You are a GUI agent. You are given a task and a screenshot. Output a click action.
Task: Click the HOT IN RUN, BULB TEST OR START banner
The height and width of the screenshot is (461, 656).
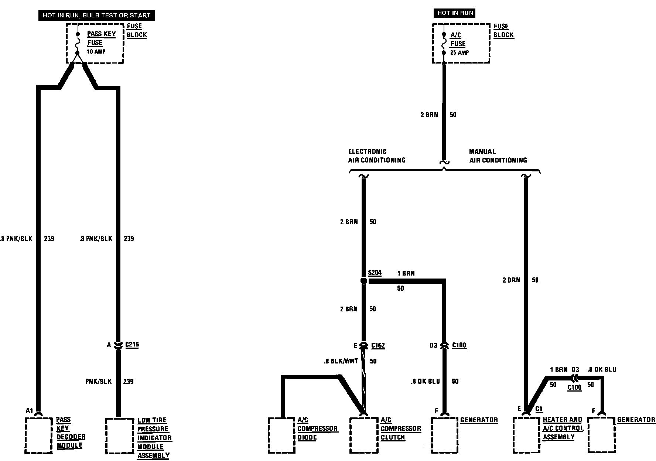click(x=96, y=15)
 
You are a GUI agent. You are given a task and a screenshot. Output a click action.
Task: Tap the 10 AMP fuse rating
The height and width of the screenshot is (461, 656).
click(x=96, y=52)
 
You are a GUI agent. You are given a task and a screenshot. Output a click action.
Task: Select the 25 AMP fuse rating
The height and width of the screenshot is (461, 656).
click(x=459, y=52)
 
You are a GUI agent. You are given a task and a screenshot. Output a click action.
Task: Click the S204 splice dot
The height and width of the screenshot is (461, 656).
click(x=363, y=281)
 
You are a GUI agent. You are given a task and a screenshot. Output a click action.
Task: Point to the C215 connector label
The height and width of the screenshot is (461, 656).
click(x=132, y=345)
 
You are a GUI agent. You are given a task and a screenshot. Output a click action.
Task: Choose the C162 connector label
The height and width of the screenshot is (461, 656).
click(x=378, y=345)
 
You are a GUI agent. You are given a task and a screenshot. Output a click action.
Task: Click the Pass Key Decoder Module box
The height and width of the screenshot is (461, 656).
click(x=38, y=436)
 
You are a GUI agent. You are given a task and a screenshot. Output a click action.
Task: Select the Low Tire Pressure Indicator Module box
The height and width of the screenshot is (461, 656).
click(x=119, y=436)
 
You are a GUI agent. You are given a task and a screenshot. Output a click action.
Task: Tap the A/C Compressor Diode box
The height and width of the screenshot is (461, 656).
click(x=281, y=436)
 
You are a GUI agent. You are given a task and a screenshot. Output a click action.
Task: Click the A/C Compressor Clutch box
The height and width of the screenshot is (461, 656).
click(x=363, y=436)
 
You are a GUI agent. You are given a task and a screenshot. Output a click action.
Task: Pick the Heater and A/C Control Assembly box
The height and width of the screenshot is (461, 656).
click(x=526, y=436)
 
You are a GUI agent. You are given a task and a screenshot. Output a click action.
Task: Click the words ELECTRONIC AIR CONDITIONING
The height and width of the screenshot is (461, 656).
click(x=376, y=156)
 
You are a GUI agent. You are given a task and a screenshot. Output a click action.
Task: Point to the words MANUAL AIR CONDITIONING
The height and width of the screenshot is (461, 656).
click(x=498, y=156)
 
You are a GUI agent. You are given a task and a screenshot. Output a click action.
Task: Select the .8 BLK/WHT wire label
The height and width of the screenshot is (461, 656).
click(x=341, y=361)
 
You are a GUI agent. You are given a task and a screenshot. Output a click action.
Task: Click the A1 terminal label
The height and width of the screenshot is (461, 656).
click(x=30, y=411)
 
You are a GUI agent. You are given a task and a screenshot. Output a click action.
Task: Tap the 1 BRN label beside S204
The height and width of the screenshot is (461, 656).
click(x=406, y=273)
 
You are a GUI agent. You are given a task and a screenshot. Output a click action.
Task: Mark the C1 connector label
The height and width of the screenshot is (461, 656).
click(x=539, y=409)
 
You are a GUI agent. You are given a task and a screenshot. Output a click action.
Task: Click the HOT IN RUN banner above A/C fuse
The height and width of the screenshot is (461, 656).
click(x=455, y=13)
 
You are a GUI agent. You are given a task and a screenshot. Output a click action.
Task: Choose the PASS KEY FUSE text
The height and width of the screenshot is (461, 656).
click(x=101, y=38)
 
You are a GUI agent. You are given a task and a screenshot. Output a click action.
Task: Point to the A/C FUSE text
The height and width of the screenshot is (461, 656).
click(x=457, y=40)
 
